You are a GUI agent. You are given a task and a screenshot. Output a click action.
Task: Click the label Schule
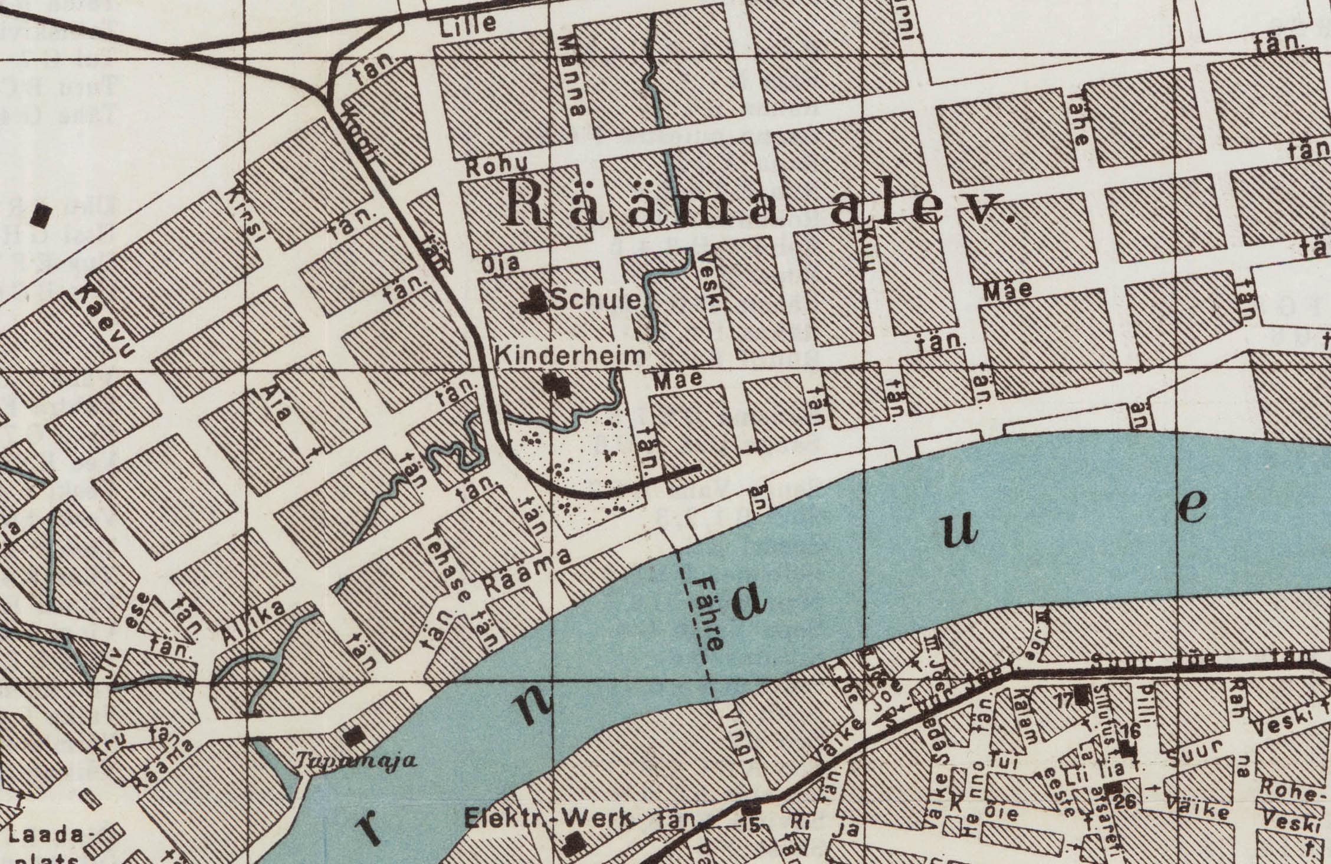(595, 301)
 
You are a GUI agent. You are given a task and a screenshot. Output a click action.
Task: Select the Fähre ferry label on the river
(707, 614)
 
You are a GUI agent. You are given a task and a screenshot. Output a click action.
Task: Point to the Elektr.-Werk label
(548, 819)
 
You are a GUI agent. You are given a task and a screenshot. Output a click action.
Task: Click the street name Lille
(468, 24)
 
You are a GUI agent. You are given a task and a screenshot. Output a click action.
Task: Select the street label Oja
(500, 263)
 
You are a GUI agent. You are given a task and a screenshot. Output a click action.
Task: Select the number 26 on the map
(1125, 801)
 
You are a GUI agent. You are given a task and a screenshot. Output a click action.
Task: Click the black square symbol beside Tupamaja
(355, 735)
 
